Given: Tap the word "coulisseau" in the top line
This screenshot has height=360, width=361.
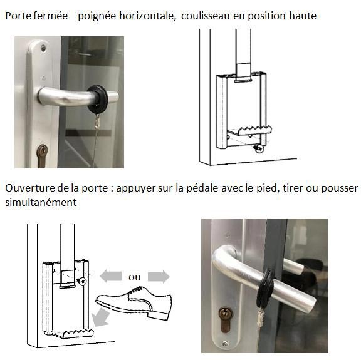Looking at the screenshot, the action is pos(206,16).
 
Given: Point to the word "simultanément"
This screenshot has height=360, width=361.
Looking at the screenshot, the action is pos(41,202).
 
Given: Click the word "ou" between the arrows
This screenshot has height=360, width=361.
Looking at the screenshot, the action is pos(135,277).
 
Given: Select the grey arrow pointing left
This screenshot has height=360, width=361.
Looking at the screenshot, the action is pos(111,276).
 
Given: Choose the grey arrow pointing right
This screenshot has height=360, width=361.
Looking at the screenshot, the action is pos(159,277).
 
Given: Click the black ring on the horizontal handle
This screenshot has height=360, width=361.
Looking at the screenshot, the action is pos(98,100).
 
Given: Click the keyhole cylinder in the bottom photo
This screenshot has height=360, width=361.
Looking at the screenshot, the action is pos(226,319).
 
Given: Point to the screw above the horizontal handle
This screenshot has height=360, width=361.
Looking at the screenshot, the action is pos(43,48).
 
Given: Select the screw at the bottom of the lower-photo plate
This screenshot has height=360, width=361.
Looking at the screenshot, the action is pos(225,344).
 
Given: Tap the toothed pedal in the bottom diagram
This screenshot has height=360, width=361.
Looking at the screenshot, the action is pos(73,334).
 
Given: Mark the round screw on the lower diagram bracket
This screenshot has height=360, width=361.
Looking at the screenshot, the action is pos(83,281).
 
